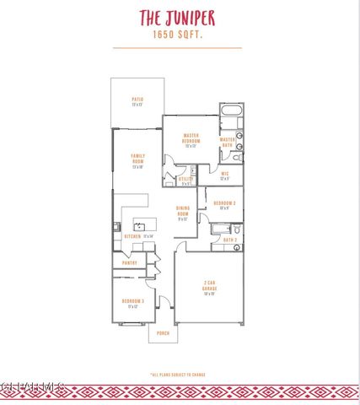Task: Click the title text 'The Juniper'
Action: coord(177,17)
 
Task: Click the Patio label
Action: coord(137,101)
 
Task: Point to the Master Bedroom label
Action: coord(191,139)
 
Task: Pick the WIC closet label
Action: coord(225,175)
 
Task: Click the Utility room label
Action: coord(186,180)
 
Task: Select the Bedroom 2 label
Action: coord(223,205)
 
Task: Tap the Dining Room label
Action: coord(183,213)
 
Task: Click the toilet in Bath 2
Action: coord(238,229)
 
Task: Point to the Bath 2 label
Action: coord(228,240)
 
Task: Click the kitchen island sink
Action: coord(138,226)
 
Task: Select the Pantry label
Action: coord(129,262)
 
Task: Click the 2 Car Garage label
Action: coord(209,287)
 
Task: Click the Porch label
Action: coord(163,333)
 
